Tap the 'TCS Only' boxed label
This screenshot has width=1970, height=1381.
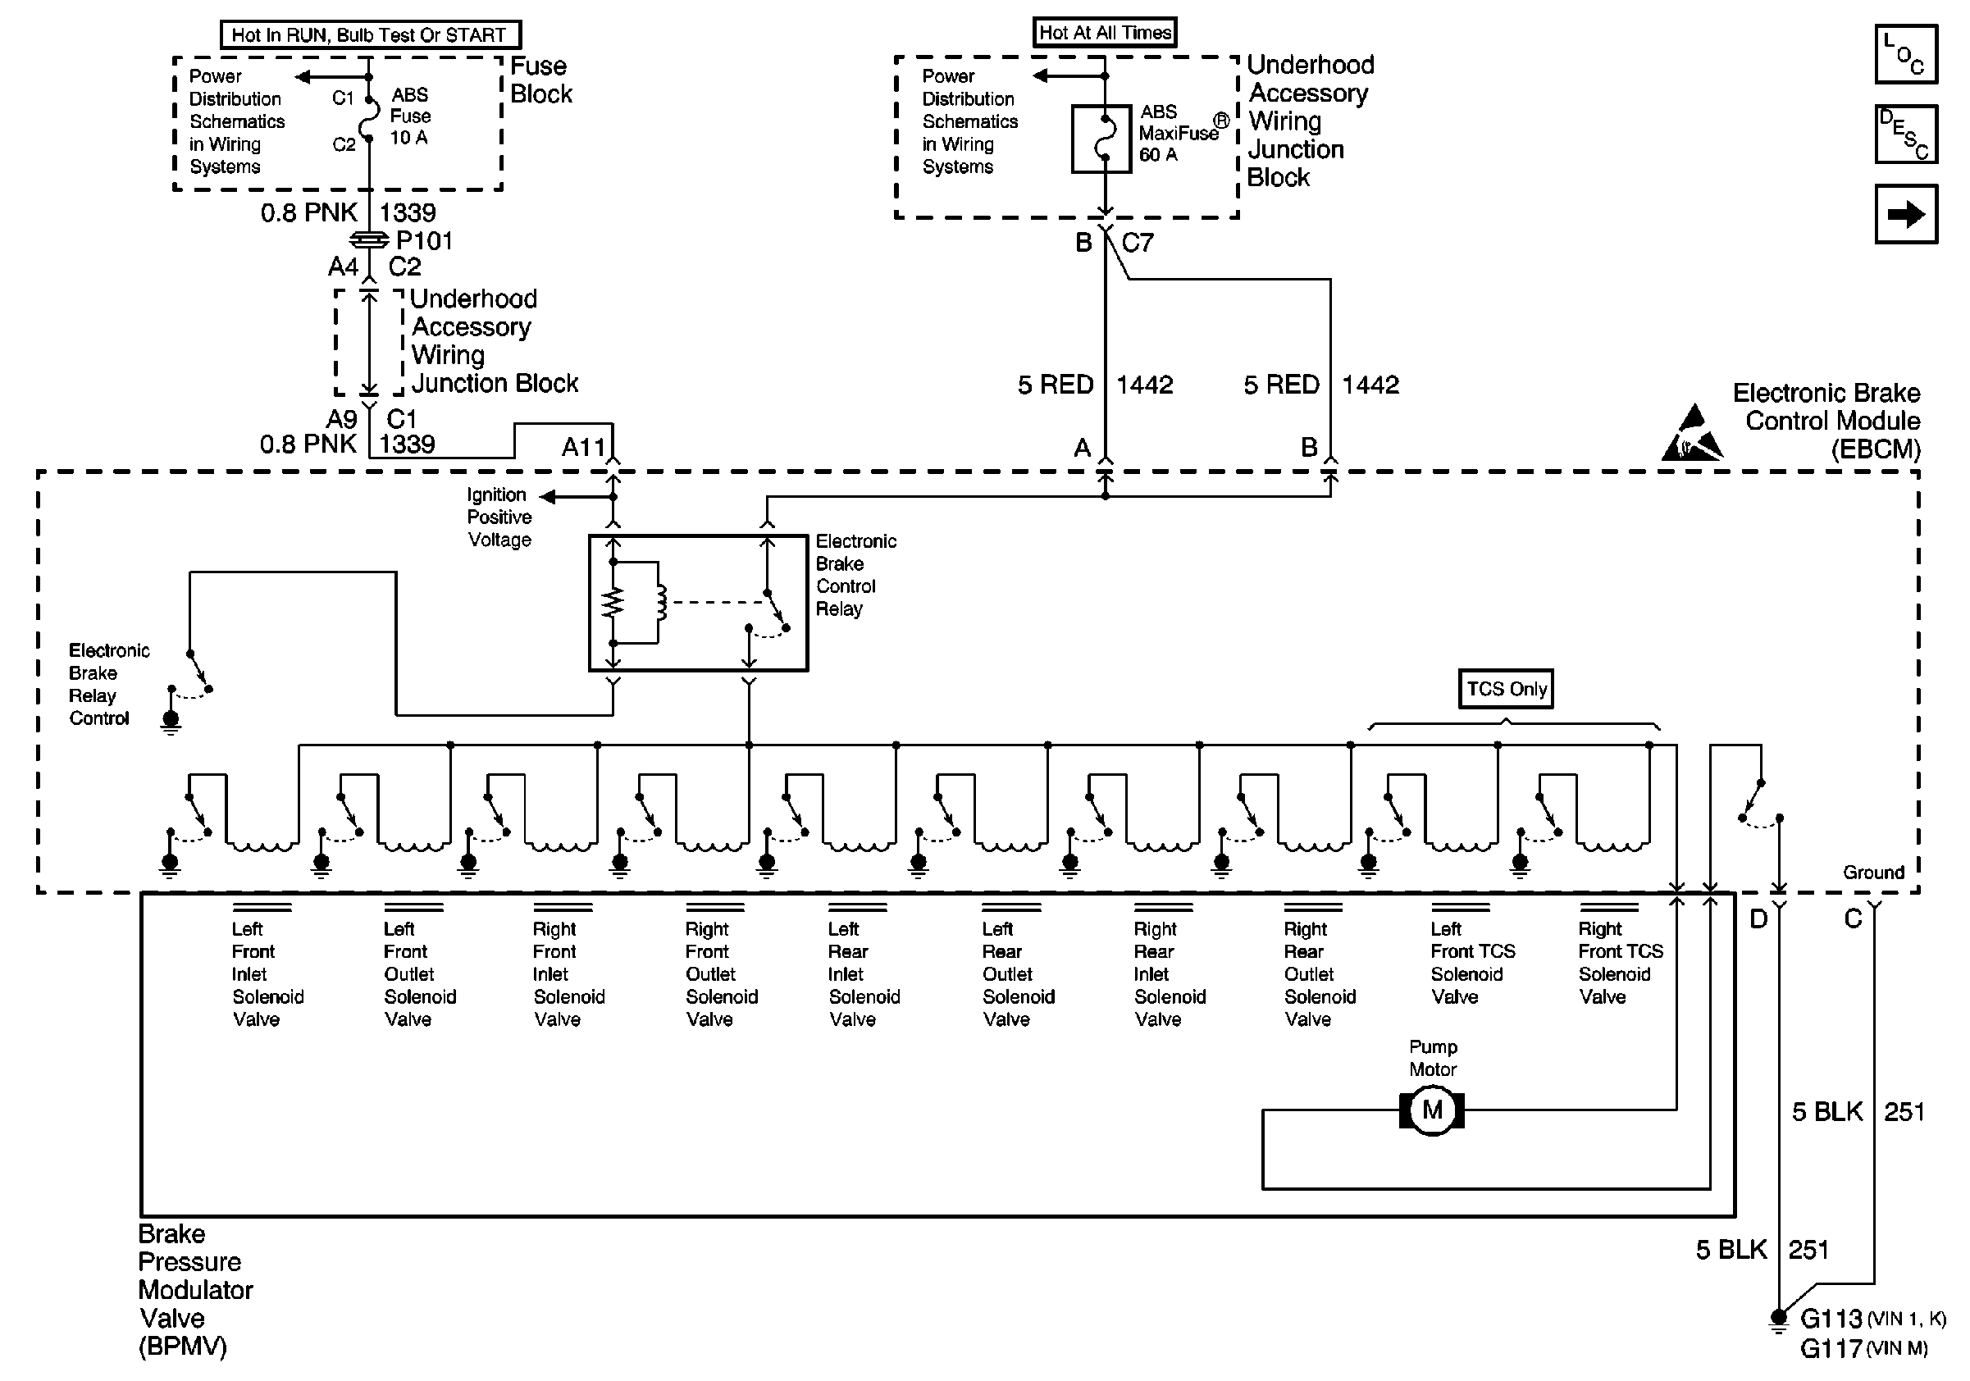[x=1506, y=689]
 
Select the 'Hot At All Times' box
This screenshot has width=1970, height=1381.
[x=1104, y=33]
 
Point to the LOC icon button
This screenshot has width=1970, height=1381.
[x=1906, y=54]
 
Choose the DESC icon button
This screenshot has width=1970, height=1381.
[x=1906, y=134]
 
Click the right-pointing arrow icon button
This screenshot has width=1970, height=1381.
[x=1906, y=213]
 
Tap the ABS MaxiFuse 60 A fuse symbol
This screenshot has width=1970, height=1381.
[x=1101, y=139]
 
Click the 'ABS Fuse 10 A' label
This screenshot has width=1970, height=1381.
[x=410, y=116]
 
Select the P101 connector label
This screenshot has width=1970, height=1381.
[x=424, y=240]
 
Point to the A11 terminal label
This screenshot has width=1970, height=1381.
[x=583, y=447]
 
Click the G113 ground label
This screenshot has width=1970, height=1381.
[x=1830, y=1318]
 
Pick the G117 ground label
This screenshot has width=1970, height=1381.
[x=1830, y=1348]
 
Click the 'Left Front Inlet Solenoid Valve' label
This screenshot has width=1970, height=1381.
[x=266, y=973]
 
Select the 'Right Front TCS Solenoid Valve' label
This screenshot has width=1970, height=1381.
[x=1620, y=963]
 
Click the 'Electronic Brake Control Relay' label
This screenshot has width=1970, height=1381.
[x=855, y=575]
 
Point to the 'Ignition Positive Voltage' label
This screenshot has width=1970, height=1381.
[x=499, y=517]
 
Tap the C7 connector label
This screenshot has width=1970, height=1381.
[x=1137, y=243]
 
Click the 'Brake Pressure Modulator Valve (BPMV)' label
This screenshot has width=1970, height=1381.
[x=194, y=1289]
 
